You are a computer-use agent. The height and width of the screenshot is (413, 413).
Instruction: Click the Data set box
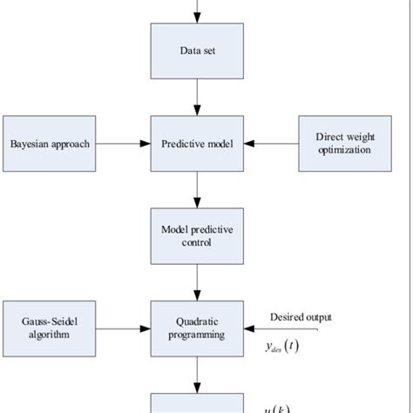coord(199,51)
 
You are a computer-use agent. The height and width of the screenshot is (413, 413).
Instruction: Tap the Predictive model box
coord(199,143)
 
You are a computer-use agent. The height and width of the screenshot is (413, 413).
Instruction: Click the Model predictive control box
coord(199,236)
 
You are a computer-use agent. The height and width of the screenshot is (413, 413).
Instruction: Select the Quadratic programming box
coord(199,328)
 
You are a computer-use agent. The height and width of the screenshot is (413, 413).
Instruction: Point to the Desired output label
coord(301,317)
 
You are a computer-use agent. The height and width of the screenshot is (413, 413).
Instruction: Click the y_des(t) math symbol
coord(283,347)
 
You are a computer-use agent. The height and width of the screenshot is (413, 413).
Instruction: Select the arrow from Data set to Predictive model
coord(199,97)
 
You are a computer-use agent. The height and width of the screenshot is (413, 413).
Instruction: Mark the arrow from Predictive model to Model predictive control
coord(199,189)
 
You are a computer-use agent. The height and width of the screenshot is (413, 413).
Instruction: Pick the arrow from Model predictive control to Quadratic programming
coord(199,281)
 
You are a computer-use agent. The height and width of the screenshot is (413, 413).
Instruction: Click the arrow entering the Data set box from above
coord(199,11)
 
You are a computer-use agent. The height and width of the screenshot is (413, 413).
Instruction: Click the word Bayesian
coord(30,143)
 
